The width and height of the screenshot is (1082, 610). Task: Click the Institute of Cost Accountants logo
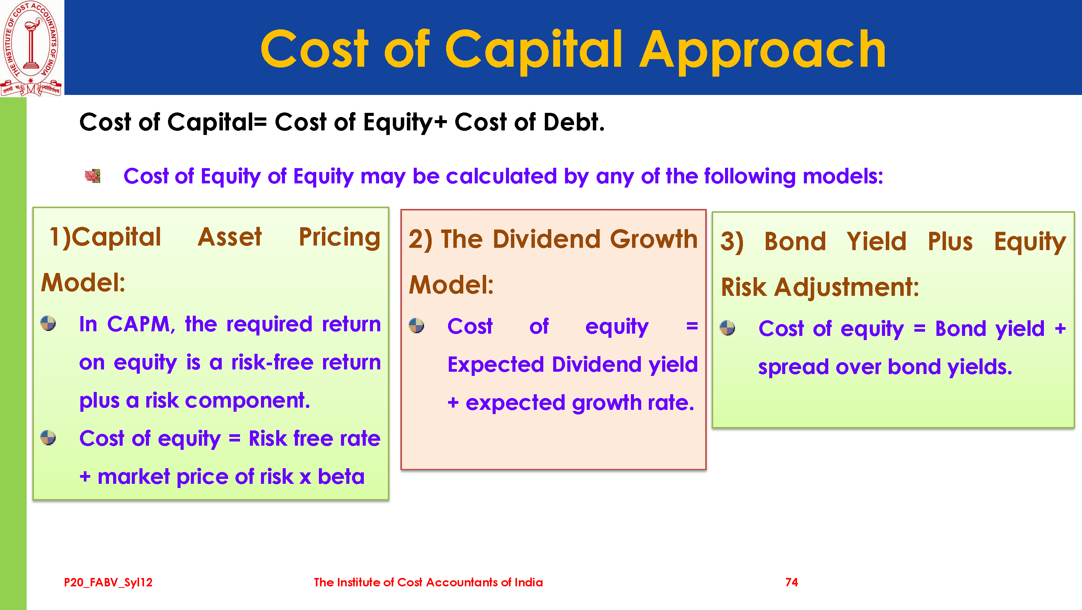31,48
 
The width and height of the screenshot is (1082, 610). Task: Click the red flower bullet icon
93,176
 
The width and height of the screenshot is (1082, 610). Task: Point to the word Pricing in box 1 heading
339,238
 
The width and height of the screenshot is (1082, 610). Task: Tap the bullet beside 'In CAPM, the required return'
48,323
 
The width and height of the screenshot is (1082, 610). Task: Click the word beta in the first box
341,477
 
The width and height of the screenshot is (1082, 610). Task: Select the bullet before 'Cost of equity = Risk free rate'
48,438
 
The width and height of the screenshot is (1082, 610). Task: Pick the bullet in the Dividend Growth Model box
416,325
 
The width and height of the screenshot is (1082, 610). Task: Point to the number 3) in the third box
732,242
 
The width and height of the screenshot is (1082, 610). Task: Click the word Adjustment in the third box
847,288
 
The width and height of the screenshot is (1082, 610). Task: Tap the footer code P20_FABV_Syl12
108,582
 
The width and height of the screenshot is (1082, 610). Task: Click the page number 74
791,582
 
